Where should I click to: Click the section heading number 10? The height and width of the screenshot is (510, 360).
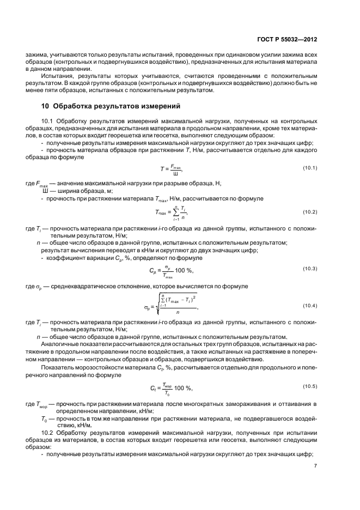tap(46, 105)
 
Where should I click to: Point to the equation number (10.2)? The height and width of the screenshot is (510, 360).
tap(310, 211)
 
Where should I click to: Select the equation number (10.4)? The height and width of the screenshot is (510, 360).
tap(310, 305)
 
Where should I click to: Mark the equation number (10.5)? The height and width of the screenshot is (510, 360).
tap(310, 386)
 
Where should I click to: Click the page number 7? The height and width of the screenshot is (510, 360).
tap(315, 465)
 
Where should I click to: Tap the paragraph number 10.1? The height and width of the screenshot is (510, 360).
tap(47, 120)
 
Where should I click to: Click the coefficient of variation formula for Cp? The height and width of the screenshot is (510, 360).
tap(171, 271)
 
